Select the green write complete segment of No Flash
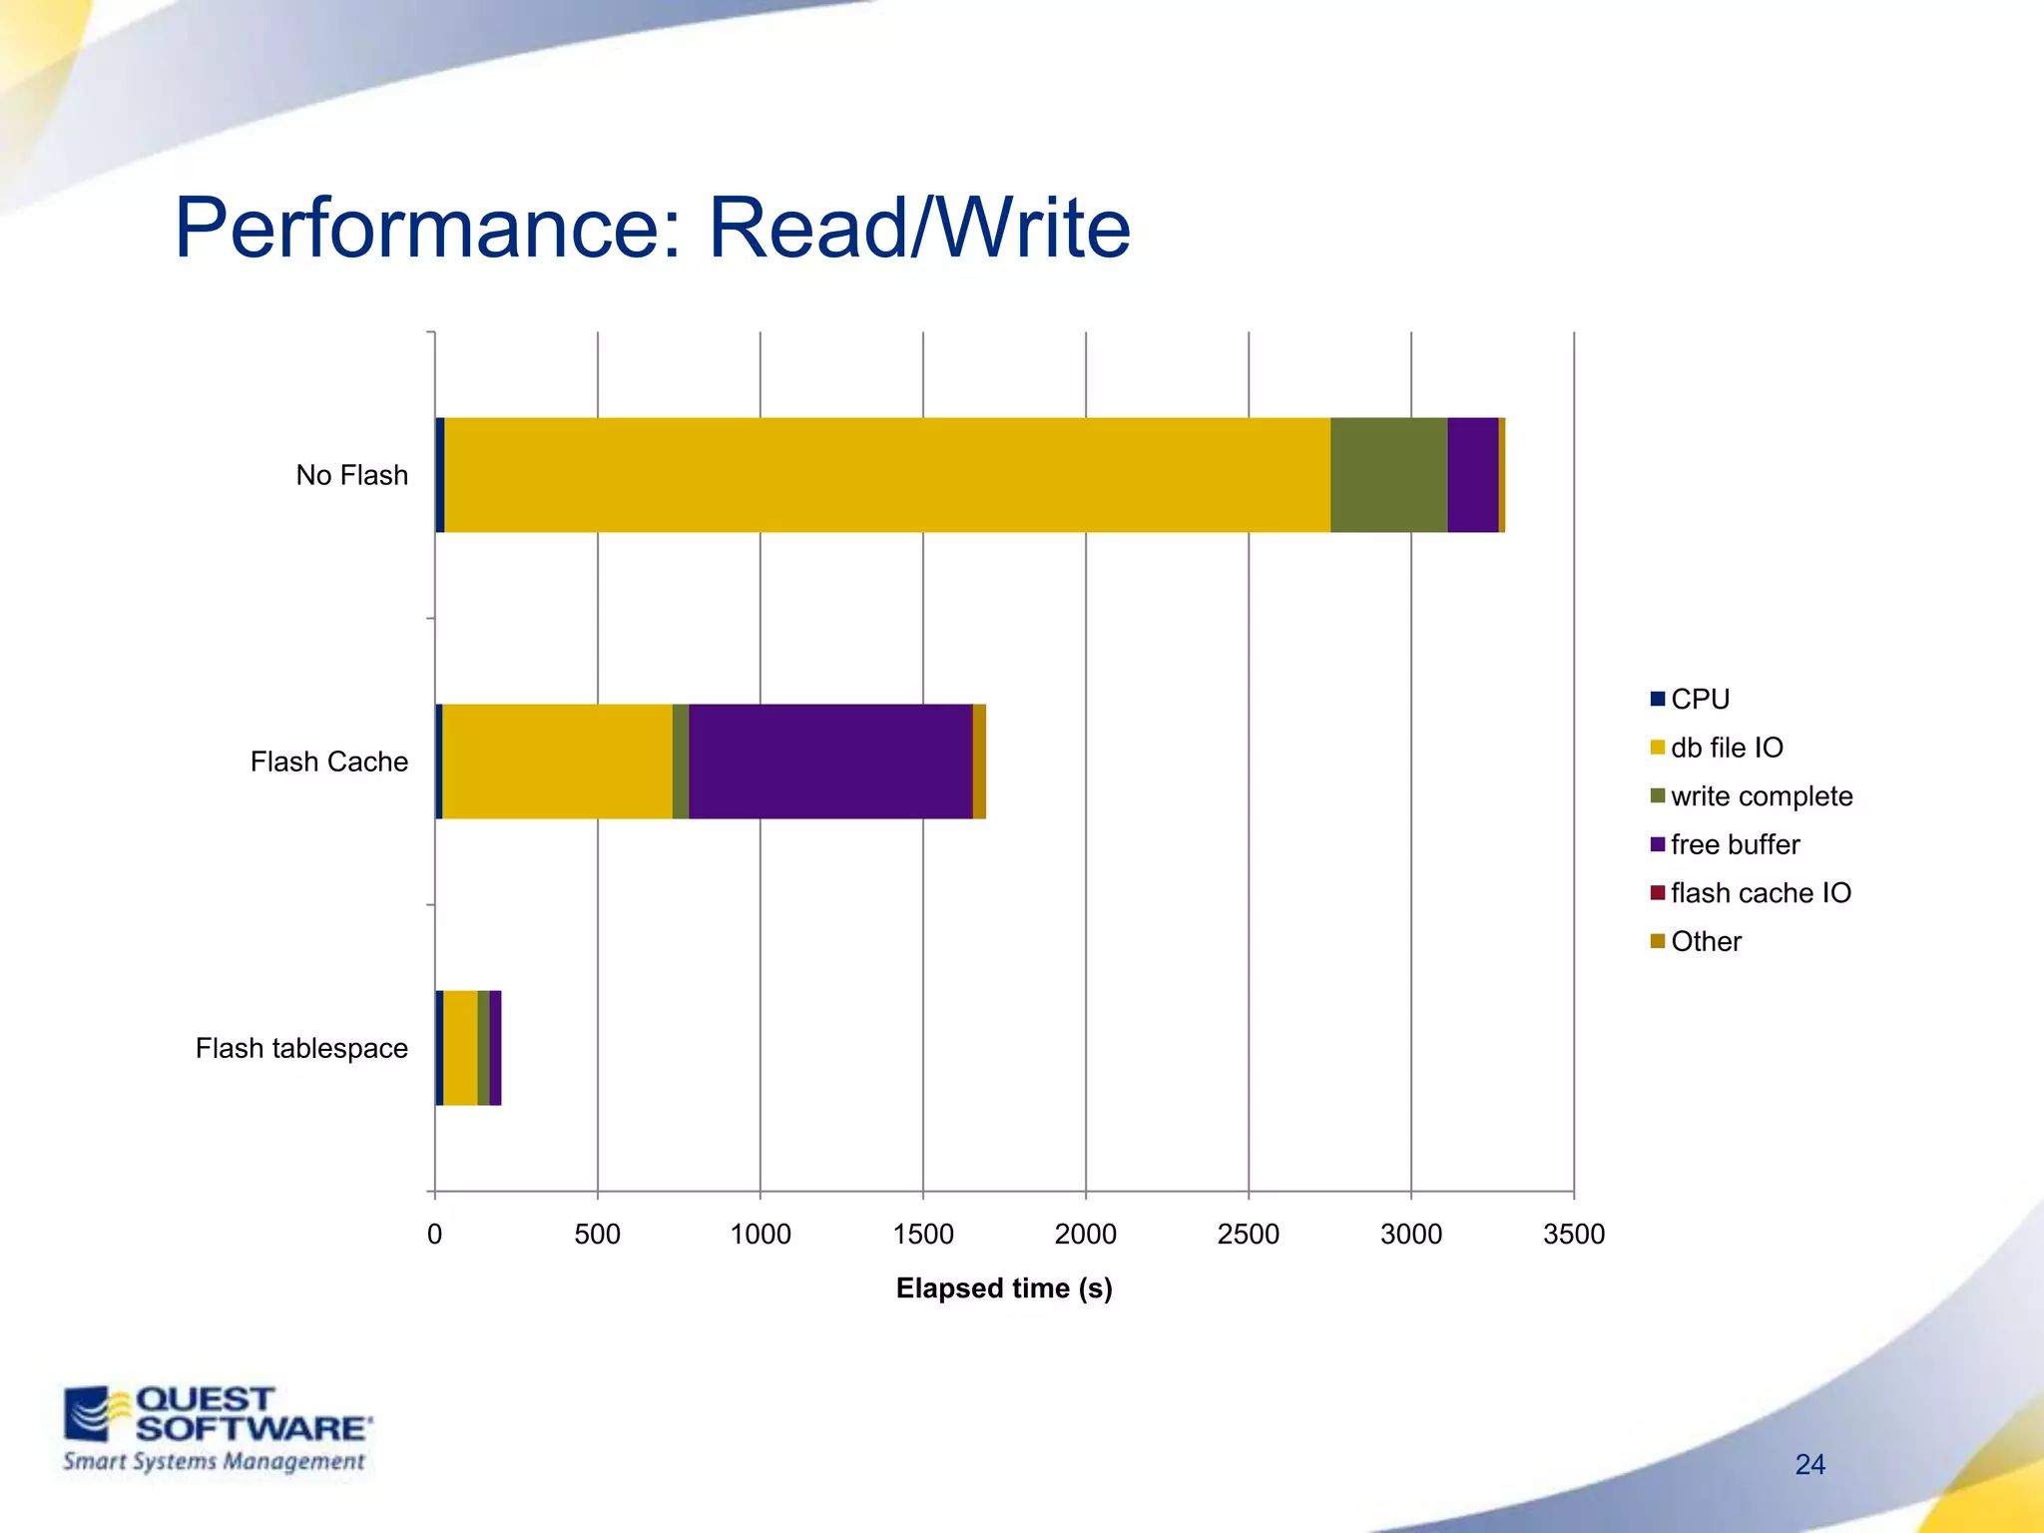click(1388, 475)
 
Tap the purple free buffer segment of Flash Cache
click(830, 762)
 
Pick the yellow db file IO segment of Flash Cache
click(557, 762)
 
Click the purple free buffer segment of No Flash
click(1472, 475)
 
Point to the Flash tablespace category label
click(301, 1048)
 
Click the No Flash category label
click(351, 475)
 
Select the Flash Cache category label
click(328, 762)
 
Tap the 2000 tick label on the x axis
click(1085, 1235)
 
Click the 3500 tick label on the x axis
click(1573, 1235)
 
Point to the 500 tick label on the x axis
click(597, 1235)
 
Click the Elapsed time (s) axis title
click(1003, 1288)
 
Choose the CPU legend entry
click(1699, 699)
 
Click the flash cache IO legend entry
click(1760, 893)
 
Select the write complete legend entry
click(1761, 796)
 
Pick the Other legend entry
click(1705, 941)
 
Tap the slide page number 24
click(1809, 1464)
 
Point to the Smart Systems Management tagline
click(214, 1462)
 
